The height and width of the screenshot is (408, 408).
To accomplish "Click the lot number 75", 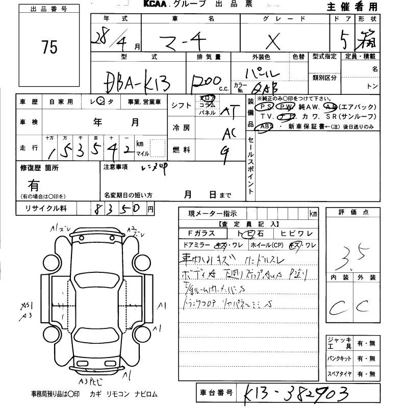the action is tap(50, 47).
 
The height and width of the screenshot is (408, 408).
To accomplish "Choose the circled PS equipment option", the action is tap(264, 107).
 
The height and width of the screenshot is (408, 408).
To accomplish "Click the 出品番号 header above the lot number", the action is tap(49, 9).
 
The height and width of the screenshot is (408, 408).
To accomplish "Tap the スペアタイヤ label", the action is tap(339, 374).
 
